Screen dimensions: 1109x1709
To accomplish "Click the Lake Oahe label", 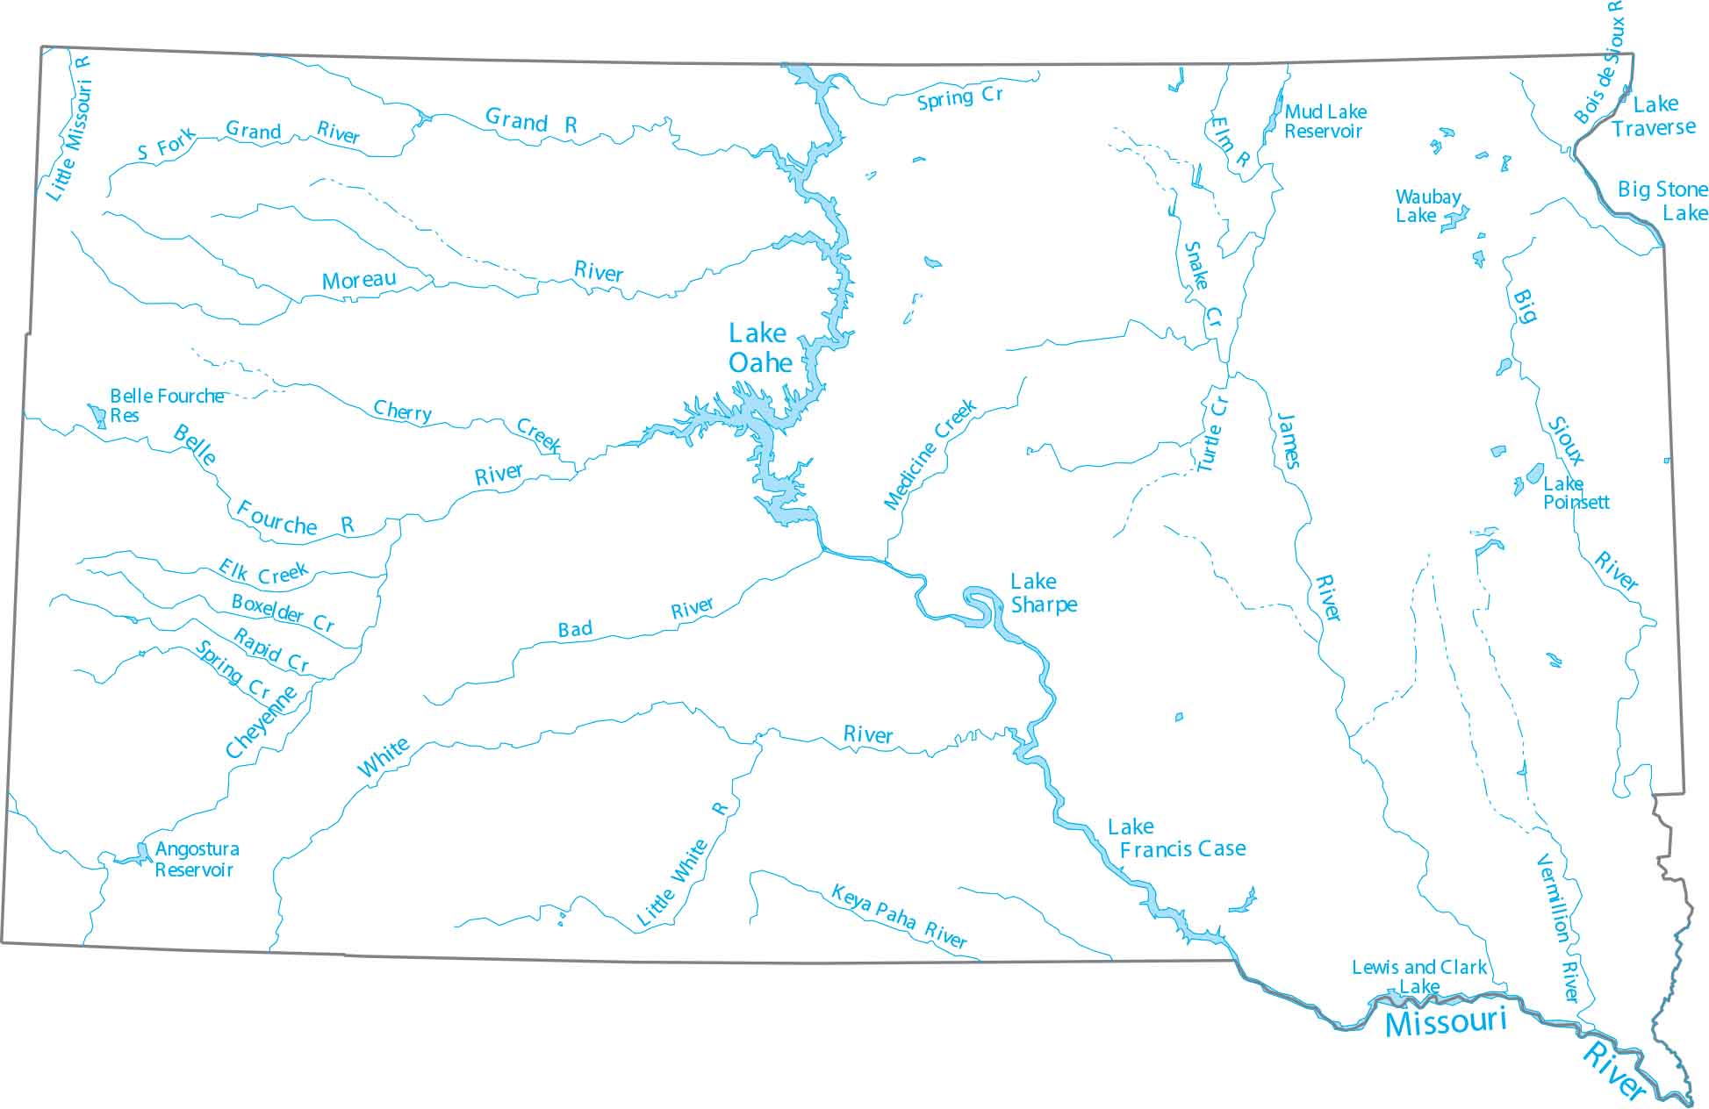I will [760, 348].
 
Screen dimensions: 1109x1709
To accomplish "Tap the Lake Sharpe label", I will [1043, 593].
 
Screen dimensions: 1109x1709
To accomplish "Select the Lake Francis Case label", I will [1176, 838].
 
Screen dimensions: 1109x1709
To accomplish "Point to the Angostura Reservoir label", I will [196, 859].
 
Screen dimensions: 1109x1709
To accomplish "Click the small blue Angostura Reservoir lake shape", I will [142, 851].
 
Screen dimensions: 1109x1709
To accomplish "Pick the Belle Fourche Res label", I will [165, 404].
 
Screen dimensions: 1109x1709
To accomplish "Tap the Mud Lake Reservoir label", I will [1325, 121].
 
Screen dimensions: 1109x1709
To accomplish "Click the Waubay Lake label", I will [1427, 206].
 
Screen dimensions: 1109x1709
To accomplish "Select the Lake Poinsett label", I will [1575, 493].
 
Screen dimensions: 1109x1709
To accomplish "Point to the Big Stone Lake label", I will [1662, 200].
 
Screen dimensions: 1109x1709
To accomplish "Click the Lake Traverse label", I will [1654, 116].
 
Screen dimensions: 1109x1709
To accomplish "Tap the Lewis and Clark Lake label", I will [1418, 976].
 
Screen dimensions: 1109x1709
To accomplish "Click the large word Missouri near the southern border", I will [1445, 1021].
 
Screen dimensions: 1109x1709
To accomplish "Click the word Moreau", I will [358, 281].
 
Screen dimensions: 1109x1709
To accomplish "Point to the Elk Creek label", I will [263, 572].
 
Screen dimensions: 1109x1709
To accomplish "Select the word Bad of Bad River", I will [575, 629].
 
